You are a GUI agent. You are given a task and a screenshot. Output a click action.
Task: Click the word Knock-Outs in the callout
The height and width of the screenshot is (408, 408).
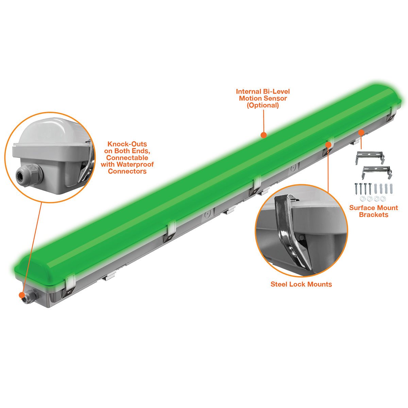click(x=127, y=144)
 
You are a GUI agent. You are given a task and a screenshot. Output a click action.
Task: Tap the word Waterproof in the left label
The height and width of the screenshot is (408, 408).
click(x=135, y=164)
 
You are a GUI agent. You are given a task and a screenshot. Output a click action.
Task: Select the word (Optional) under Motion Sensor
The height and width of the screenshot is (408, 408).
click(x=263, y=105)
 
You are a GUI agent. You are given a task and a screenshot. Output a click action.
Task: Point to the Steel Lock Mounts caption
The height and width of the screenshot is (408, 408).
click(x=301, y=284)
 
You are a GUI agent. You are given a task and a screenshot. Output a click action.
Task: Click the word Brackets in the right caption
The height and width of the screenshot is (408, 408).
click(x=373, y=215)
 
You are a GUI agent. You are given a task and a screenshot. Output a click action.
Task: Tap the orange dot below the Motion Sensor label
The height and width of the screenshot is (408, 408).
click(x=263, y=135)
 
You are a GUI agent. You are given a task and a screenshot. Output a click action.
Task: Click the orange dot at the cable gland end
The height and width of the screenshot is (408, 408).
click(x=22, y=295)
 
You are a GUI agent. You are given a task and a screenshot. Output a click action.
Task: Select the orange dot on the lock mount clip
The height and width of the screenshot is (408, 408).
click(x=328, y=144)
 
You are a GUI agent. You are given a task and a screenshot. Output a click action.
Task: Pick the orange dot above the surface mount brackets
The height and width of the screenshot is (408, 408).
click(x=361, y=133)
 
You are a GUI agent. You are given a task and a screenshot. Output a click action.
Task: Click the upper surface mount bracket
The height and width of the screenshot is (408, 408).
click(x=370, y=157)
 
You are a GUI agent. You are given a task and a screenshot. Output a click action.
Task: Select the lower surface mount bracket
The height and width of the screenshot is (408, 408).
click(x=377, y=172)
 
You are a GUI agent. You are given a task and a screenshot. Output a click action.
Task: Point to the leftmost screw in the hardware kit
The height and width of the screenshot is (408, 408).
click(x=356, y=189)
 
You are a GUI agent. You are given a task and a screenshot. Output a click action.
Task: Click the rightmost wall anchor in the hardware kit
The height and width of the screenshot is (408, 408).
click(x=391, y=188)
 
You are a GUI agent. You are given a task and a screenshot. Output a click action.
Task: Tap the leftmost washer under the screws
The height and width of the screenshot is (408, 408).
click(x=362, y=199)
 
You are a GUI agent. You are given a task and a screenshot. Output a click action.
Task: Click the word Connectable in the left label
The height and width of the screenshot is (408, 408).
click(x=127, y=157)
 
